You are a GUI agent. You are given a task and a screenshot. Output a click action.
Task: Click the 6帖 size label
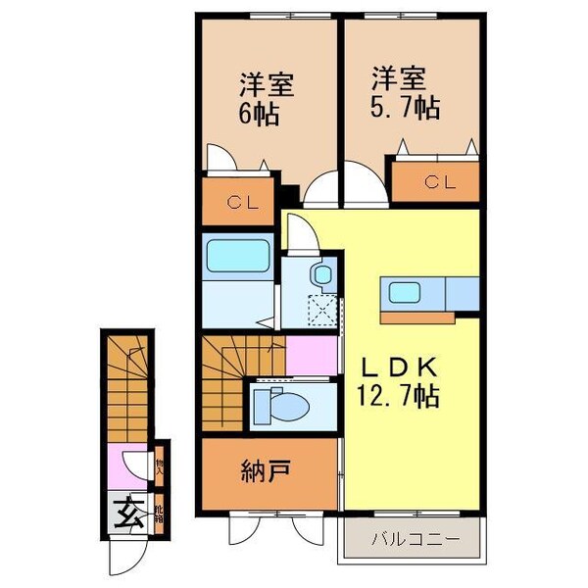pyautogui.click(x=260, y=113)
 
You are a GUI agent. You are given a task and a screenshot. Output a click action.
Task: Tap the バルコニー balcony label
pyautogui.click(x=413, y=538)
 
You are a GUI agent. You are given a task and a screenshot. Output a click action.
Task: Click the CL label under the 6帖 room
pyautogui.click(x=241, y=203)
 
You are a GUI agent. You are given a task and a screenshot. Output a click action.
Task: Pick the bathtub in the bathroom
pyautogui.click(x=239, y=257)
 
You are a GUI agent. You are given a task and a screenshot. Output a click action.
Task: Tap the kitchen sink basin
pyautogui.click(x=406, y=291)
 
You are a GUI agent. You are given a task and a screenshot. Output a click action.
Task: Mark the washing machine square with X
pyautogui.click(x=320, y=311)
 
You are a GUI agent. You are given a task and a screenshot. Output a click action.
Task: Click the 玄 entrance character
pyautogui.click(x=128, y=510)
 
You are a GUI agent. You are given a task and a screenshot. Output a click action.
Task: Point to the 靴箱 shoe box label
pyautogui.click(x=160, y=512)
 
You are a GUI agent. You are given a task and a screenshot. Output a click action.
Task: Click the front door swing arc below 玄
pyautogui.click(x=125, y=557)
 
